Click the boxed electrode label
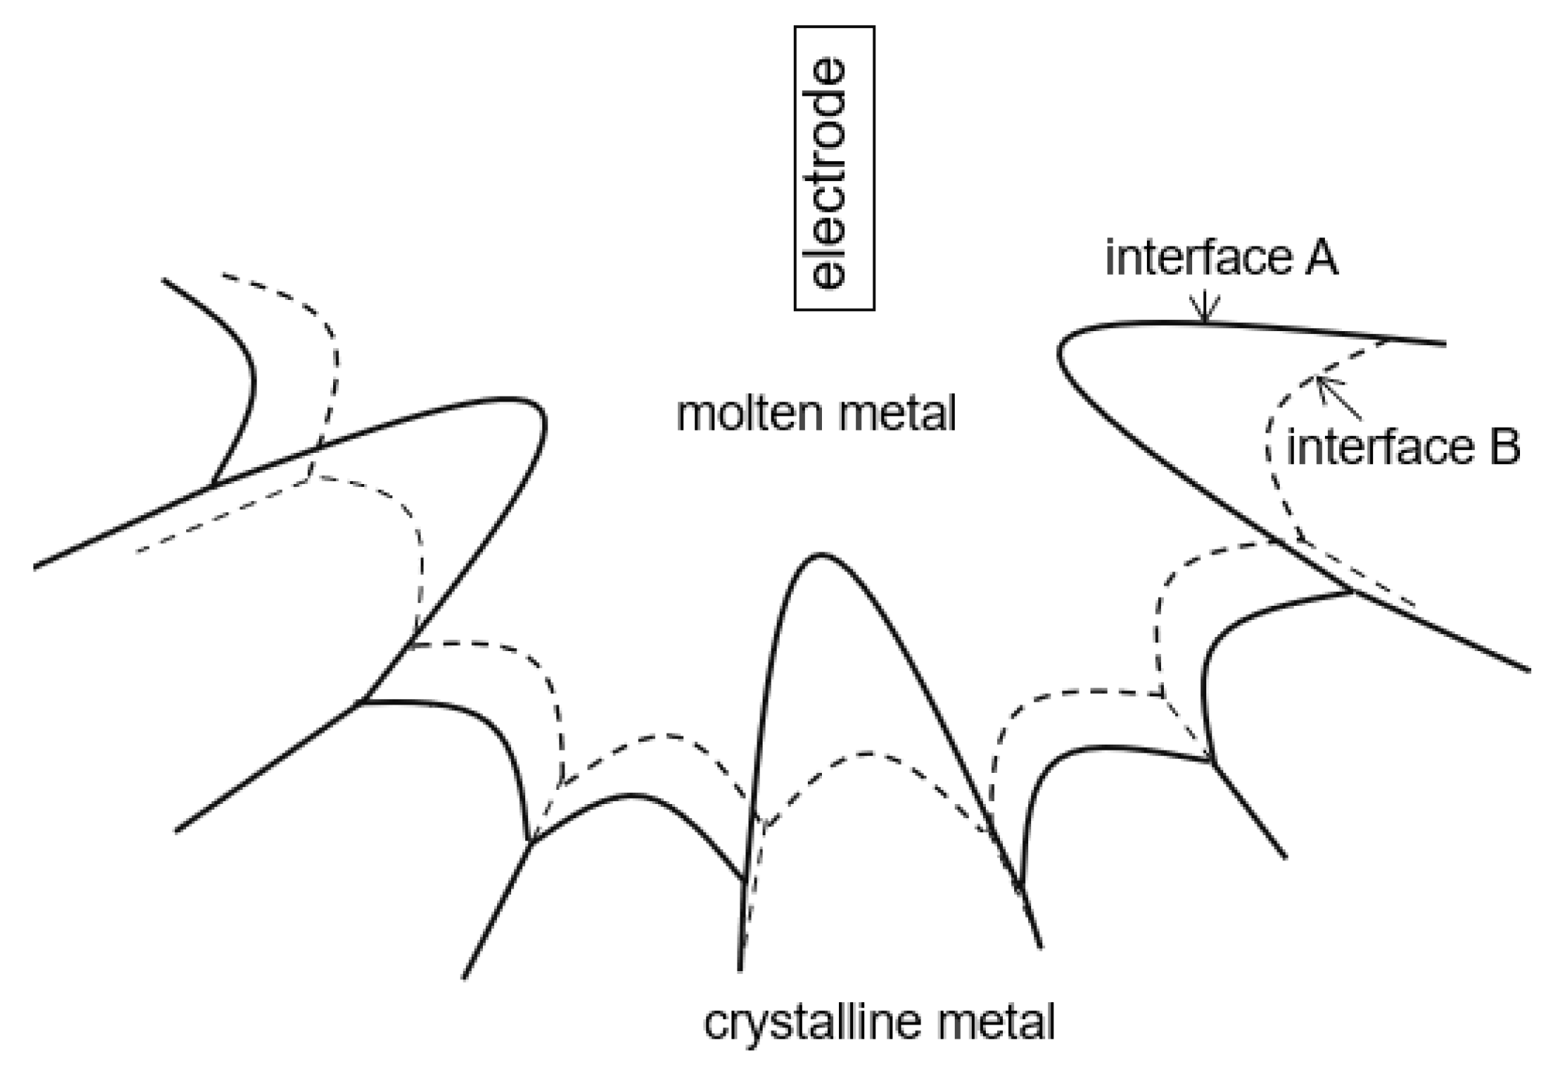pyautogui.click(x=834, y=169)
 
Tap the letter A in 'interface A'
pyautogui.click(x=1320, y=258)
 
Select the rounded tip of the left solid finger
pyautogui.click(x=542, y=416)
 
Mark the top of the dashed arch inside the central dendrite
pyautogui.click(x=868, y=754)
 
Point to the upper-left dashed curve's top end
pyautogui.click(x=223, y=275)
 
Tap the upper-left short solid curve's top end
pyautogui.click(x=163, y=280)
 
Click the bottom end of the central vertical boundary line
pyautogui.click(x=740, y=970)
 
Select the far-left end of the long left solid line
pyautogui.click(x=35, y=569)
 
